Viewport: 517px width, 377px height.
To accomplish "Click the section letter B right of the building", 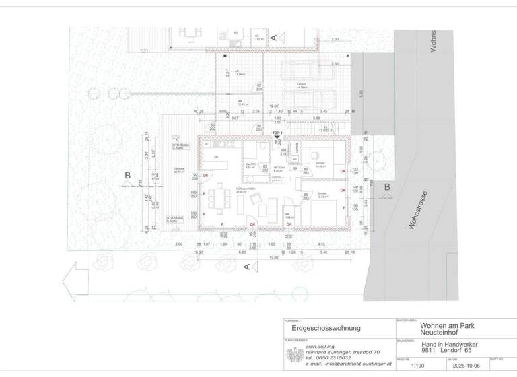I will pos(386,188).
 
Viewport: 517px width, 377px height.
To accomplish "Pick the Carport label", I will pos(302,84).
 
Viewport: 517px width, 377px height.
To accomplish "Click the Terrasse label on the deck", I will pos(178,168).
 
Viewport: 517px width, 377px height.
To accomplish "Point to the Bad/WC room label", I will pos(249,166).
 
